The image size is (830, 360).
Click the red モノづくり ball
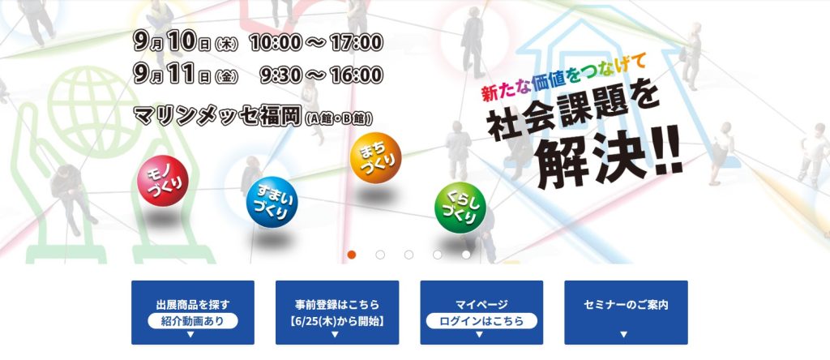coord(162,181)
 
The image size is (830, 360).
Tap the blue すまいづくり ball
coord(272,202)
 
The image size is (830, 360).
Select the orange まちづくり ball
coord(376,158)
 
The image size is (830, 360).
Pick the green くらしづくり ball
coord(460,208)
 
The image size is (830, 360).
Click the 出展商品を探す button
coord(193,312)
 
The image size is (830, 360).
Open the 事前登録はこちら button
coord(337,312)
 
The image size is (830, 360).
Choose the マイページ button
coord(481,312)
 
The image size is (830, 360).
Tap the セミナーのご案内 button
coord(627,312)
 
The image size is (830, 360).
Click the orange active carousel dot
coord(352,255)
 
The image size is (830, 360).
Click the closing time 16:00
coord(357,75)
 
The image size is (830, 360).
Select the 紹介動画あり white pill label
coord(193,321)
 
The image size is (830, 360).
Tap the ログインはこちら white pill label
coord(481,321)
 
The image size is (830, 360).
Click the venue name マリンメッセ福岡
coord(218,115)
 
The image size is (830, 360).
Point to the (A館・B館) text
coord(339,118)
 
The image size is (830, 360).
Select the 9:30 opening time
coord(281,75)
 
